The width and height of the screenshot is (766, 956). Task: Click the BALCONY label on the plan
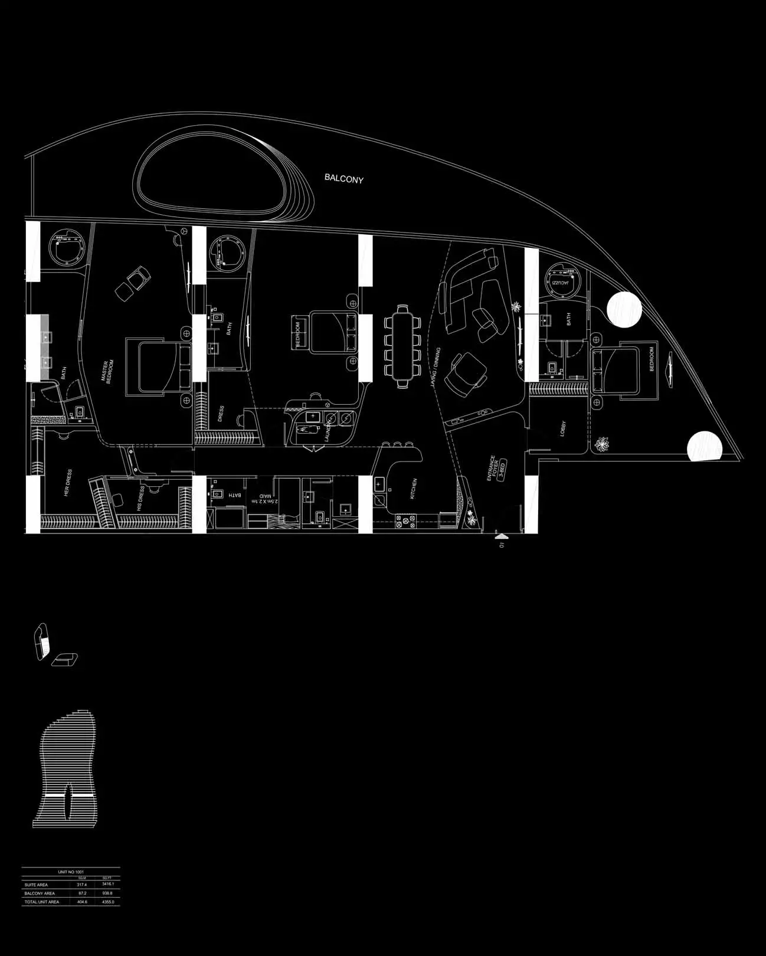[344, 178]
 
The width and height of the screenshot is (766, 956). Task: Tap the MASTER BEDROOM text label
[110, 372]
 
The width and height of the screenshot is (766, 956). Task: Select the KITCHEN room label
[414, 489]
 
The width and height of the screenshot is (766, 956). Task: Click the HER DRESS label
[68, 483]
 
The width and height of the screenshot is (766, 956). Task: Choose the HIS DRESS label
[140, 499]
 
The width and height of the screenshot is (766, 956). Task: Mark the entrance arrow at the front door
[501, 536]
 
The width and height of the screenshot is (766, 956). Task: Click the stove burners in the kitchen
[405, 521]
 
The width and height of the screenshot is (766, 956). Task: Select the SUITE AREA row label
[37, 885]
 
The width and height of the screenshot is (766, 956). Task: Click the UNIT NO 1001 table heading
[71, 872]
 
